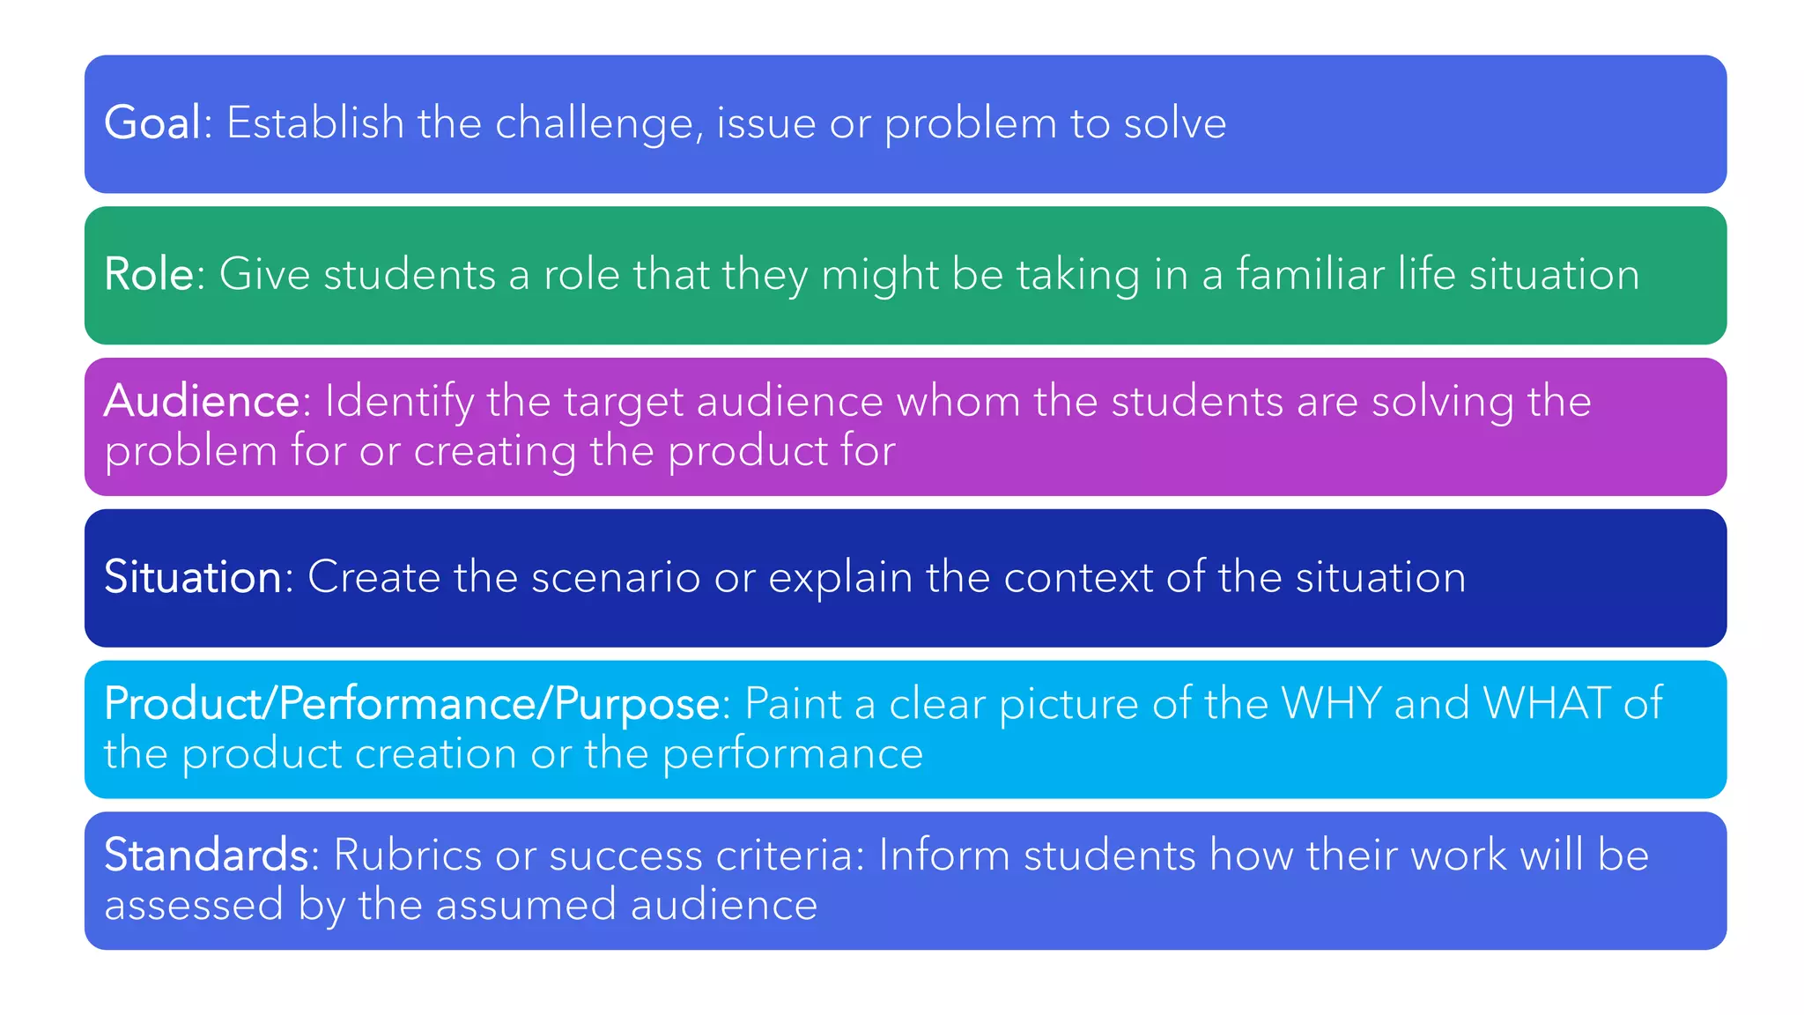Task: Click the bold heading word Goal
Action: tap(152, 122)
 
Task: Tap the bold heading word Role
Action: tap(148, 274)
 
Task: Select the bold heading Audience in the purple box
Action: tap(202, 402)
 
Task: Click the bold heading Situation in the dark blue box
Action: tap(193, 577)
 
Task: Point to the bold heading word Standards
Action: tap(205, 856)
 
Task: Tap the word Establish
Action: tap(315, 122)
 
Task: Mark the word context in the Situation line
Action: tap(1078, 578)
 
